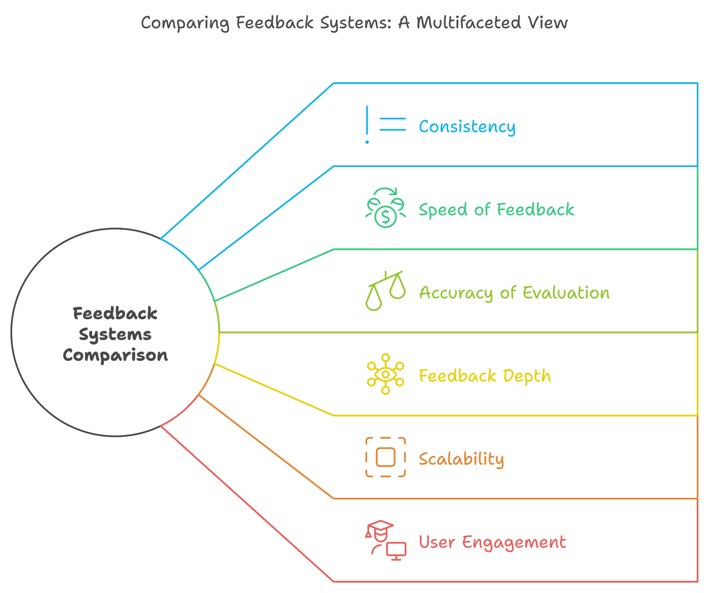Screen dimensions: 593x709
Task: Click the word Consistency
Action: [467, 126]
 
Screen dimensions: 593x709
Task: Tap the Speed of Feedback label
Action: [496, 209]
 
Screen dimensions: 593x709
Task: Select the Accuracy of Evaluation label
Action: [514, 292]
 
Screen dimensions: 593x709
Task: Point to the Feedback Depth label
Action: [485, 375]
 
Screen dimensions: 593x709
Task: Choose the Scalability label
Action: [461, 459]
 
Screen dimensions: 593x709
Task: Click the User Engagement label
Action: [492, 542]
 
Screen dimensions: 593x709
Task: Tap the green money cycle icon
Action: [385, 207]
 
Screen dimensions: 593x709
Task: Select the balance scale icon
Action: [385, 290]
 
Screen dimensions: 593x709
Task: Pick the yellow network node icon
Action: [385, 374]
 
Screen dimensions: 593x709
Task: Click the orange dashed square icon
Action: [385, 457]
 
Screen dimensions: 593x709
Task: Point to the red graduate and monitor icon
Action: [385, 540]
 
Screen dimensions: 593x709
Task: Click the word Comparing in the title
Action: [185, 23]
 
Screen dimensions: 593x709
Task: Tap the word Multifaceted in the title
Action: [468, 23]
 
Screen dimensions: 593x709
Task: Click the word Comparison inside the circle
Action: [115, 355]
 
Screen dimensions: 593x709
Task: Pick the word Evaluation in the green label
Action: [566, 292]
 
